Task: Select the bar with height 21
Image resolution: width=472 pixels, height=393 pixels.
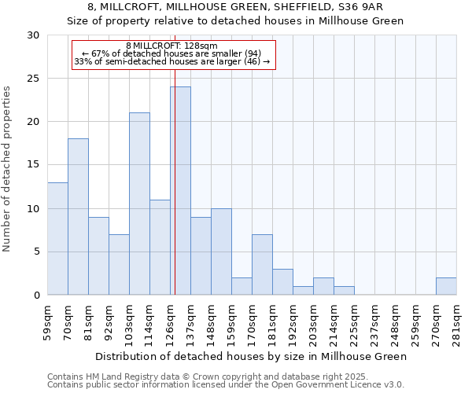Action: (x=139, y=204)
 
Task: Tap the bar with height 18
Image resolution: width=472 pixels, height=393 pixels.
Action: (x=78, y=217)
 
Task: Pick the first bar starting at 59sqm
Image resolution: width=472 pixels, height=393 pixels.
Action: (x=57, y=238)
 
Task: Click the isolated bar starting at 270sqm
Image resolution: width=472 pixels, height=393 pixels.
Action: (x=446, y=286)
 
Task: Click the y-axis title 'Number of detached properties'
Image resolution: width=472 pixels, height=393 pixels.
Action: (x=8, y=169)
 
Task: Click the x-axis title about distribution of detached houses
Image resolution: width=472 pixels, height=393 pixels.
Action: (x=252, y=356)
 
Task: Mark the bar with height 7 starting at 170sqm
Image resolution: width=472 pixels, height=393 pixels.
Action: (x=262, y=265)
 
